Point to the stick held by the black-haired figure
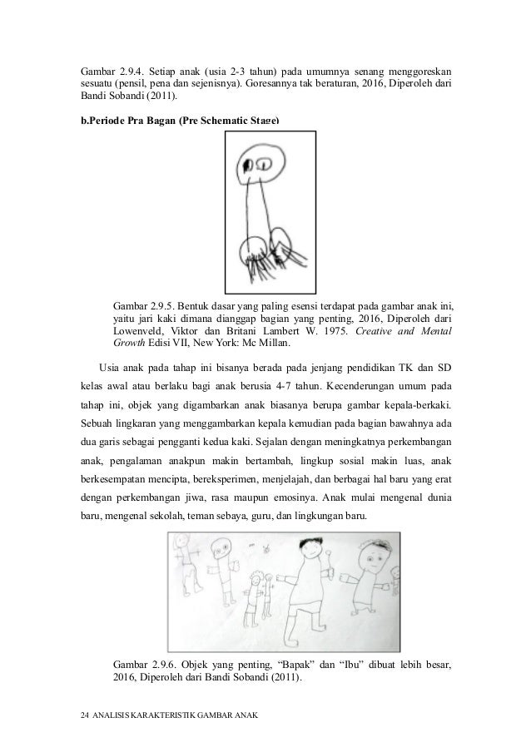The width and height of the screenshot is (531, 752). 333,566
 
